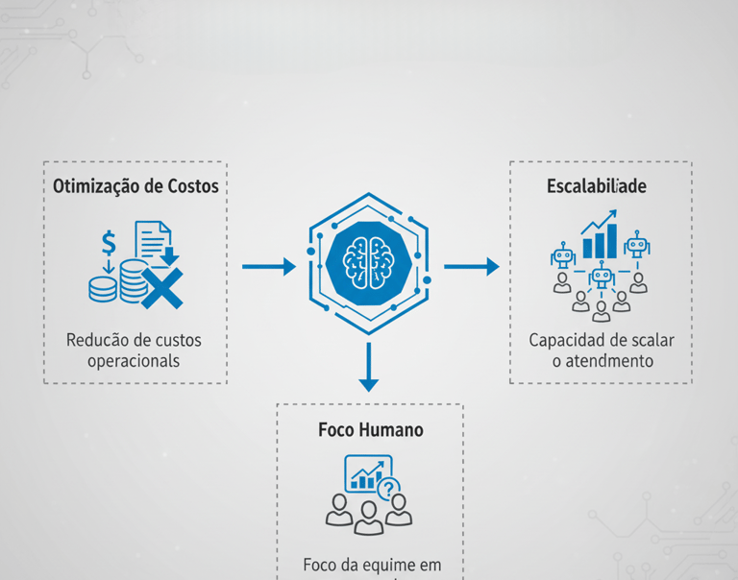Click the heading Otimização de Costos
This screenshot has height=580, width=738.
click(x=135, y=186)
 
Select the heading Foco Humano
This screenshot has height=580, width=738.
click(x=370, y=429)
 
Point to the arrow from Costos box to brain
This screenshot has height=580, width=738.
click(x=268, y=266)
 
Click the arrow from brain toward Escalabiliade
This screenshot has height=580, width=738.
click(x=471, y=266)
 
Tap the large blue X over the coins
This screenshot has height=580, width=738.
click(x=160, y=287)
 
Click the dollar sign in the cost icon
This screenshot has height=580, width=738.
click(x=109, y=241)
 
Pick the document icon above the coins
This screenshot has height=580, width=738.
click(x=153, y=240)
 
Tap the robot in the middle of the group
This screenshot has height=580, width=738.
click(x=602, y=278)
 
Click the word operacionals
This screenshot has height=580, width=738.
click(x=134, y=361)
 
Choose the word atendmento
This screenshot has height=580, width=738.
click(x=611, y=361)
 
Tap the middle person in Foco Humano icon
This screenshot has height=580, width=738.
click(x=369, y=516)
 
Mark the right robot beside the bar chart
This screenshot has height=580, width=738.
click(x=636, y=245)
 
